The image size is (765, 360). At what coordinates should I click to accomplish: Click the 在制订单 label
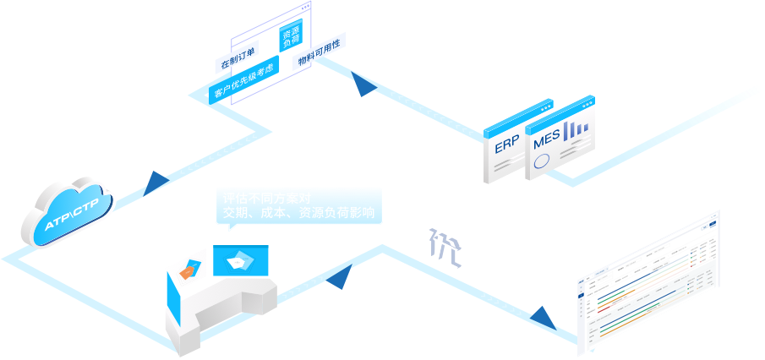(238, 58)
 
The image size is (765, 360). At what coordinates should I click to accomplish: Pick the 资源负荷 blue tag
(289, 36)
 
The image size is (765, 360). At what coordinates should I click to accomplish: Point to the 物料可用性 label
(318, 52)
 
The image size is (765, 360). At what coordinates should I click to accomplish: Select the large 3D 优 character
(442, 246)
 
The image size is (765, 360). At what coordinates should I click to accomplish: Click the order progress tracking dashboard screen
(648, 278)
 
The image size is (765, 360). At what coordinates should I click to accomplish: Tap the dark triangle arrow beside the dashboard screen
(541, 319)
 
